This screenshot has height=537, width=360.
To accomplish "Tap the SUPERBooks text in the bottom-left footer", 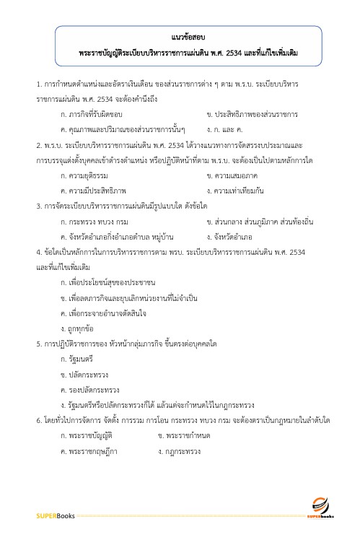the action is pos(56,515).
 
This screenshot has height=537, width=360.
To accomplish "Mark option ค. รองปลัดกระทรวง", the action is pos(90,389).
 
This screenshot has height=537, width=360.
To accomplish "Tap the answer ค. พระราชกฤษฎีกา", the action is pos(89,451).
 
